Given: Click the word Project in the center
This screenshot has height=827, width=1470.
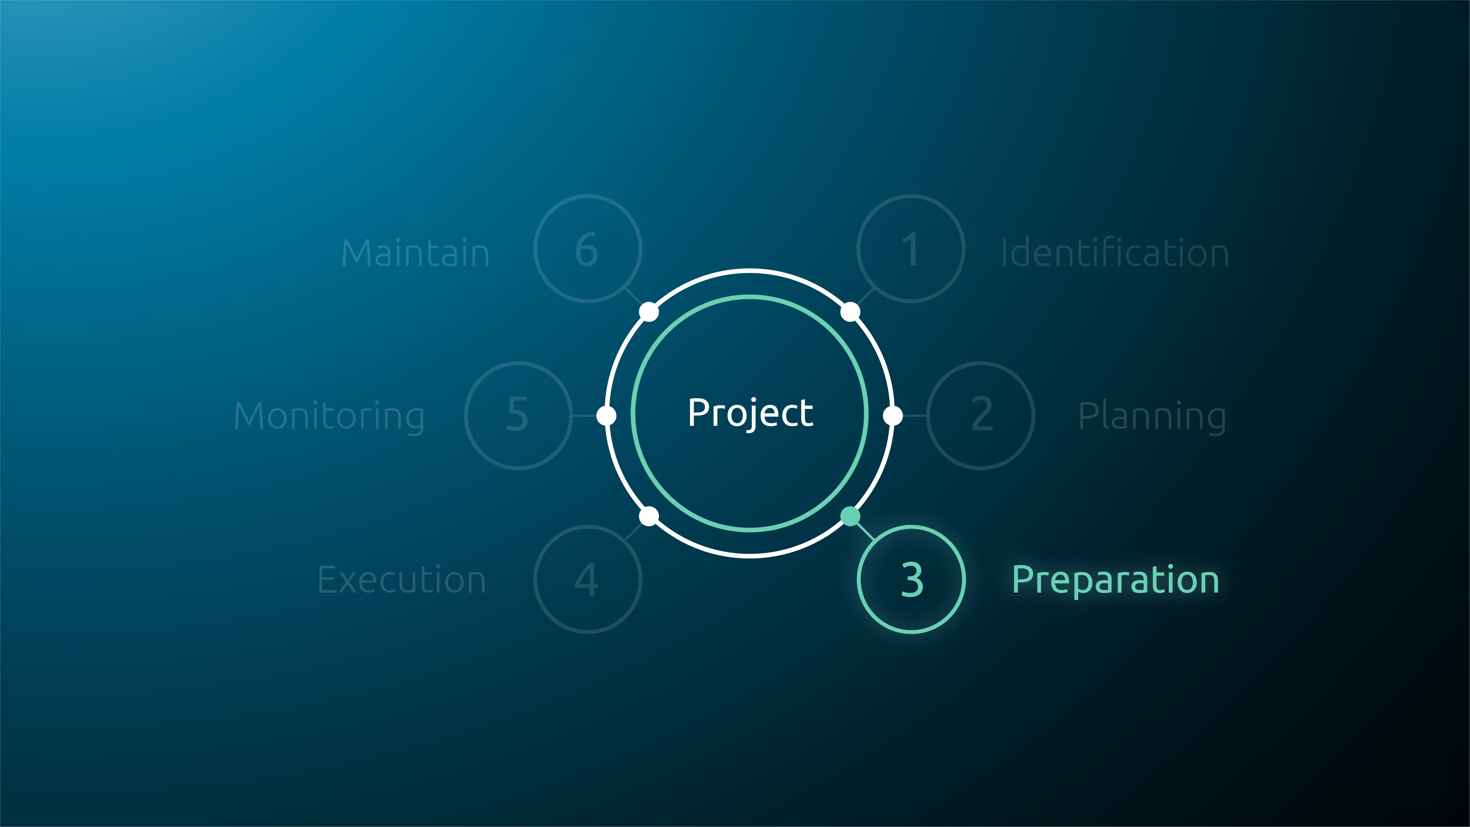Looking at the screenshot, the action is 750,413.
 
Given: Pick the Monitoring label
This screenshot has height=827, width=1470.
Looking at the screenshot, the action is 329,417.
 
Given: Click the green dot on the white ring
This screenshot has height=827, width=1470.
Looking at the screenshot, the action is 850,517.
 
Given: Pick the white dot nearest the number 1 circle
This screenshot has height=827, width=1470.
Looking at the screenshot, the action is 850,312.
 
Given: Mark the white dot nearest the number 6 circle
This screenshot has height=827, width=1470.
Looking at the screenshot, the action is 649,312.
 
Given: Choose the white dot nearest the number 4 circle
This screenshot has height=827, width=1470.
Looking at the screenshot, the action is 649,517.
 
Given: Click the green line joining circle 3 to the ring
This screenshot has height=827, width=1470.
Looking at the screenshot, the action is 866,532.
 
